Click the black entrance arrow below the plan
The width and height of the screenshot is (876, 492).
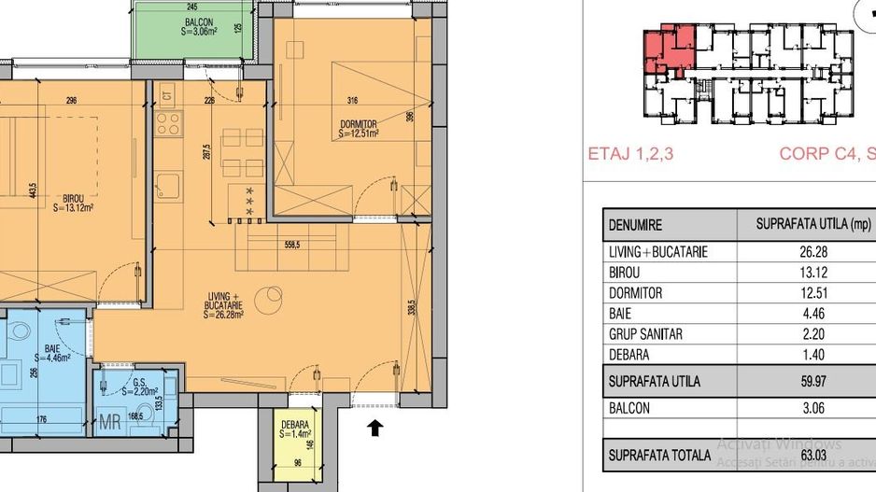pyautogui.click(x=374, y=429)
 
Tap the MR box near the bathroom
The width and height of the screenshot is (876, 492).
pyautogui.click(x=109, y=421)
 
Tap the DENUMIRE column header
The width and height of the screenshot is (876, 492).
pyautogui.click(x=636, y=225)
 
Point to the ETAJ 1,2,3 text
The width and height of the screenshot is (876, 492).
pyautogui.click(x=630, y=155)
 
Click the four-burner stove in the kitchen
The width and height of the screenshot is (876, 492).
pyautogui.click(x=168, y=122)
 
